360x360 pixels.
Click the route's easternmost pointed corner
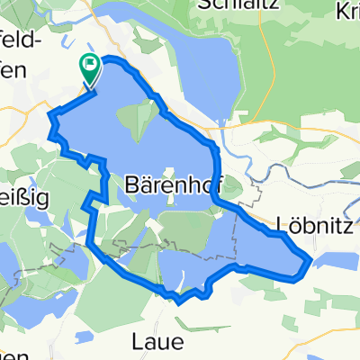(x=311, y=260)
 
